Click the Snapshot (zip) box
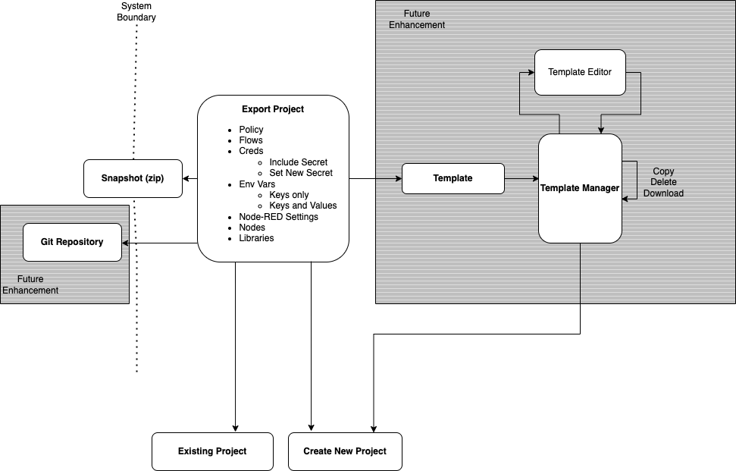[133, 178]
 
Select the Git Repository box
[72, 242]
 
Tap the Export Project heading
[273, 109]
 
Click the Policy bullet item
[251, 130]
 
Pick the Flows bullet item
[251, 140]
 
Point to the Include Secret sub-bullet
[298, 162]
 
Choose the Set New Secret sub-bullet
[301, 173]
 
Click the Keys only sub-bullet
[289, 195]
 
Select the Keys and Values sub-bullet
[302, 206]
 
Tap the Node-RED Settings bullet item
[278, 217]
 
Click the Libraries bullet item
[256, 238]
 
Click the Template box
[453, 178]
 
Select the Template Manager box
[580, 188]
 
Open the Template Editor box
[580, 72]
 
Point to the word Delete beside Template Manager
[663, 182]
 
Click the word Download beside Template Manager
[663, 193]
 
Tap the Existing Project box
[212, 451]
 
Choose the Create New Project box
[345, 451]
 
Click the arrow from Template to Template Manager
[521, 178]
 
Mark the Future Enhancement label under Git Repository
[30, 285]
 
